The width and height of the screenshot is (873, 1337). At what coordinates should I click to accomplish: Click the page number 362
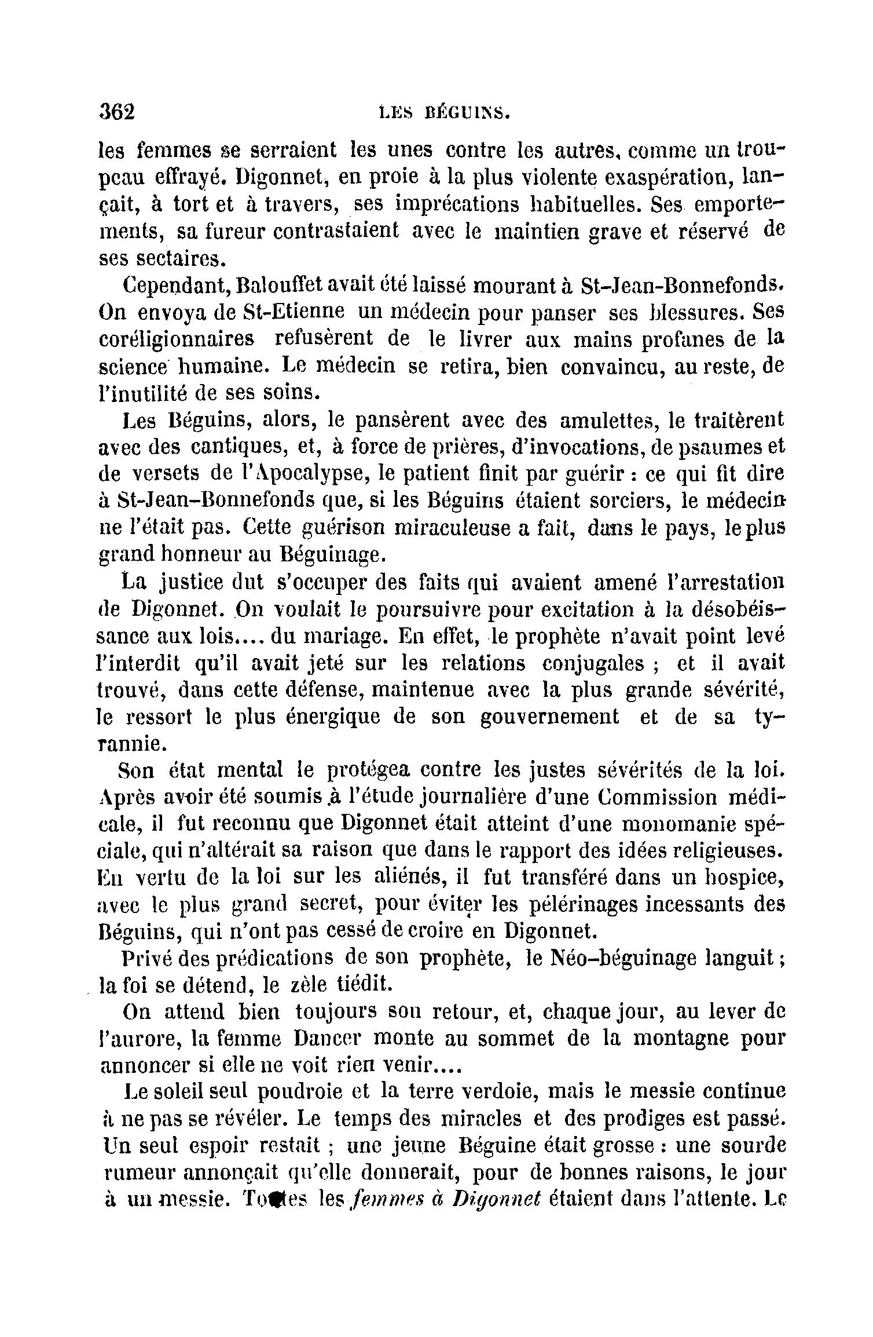(x=117, y=111)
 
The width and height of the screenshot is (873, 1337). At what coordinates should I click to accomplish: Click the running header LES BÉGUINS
(x=444, y=111)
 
